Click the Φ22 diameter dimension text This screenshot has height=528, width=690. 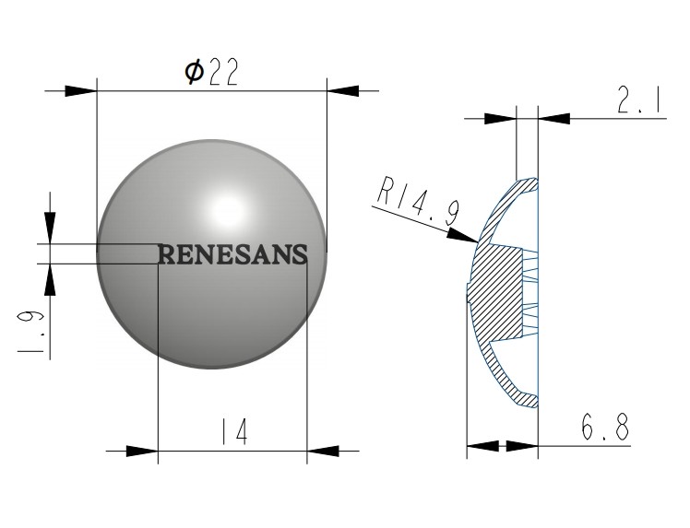tap(211, 72)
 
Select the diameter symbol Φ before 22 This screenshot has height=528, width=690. tap(194, 72)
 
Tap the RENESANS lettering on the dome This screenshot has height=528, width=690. tap(232, 254)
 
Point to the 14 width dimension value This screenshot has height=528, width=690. tap(233, 432)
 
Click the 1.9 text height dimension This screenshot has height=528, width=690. tap(30, 332)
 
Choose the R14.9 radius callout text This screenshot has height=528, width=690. tap(419, 200)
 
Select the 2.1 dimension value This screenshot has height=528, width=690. tap(639, 101)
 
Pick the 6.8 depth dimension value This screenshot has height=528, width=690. tap(604, 427)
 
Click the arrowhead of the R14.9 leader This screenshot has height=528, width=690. tap(462, 236)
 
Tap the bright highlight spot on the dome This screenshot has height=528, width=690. tap(227, 210)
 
